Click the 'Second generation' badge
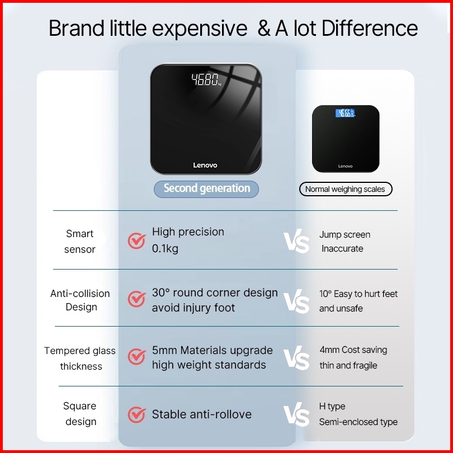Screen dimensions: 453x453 [206, 189]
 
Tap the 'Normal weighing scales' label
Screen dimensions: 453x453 [346, 189]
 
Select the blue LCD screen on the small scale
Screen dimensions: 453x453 [345, 113]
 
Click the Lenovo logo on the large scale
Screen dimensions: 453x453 [205, 165]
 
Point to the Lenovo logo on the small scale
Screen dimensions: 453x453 [346, 166]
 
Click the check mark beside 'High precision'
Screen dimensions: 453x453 [136, 240]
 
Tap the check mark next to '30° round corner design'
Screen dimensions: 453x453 [136, 299]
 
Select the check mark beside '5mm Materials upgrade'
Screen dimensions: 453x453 [136, 356]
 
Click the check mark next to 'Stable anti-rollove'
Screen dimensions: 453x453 [136, 414]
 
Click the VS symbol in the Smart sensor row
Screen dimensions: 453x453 [296, 241]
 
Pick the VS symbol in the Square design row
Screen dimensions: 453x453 [296, 414]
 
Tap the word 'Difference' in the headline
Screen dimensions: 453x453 [370, 29]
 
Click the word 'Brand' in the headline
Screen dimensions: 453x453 [77, 29]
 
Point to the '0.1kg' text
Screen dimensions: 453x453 [165, 248]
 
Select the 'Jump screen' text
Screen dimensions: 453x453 [345, 234]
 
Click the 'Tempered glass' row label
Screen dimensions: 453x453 [80, 351]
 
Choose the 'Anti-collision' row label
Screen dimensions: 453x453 [80, 294]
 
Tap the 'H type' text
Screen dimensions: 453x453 [332, 406]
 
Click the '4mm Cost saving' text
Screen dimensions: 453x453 [353, 350]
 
